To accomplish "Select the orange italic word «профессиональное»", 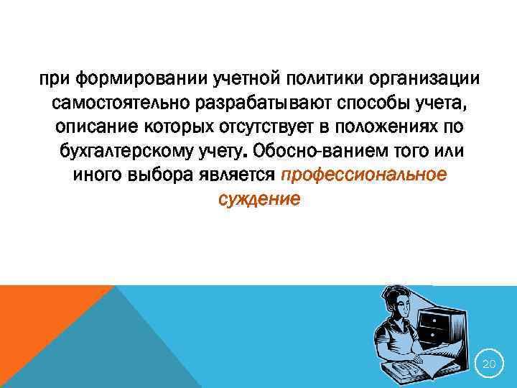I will (364, 176).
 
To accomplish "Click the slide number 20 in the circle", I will (489, 365).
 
